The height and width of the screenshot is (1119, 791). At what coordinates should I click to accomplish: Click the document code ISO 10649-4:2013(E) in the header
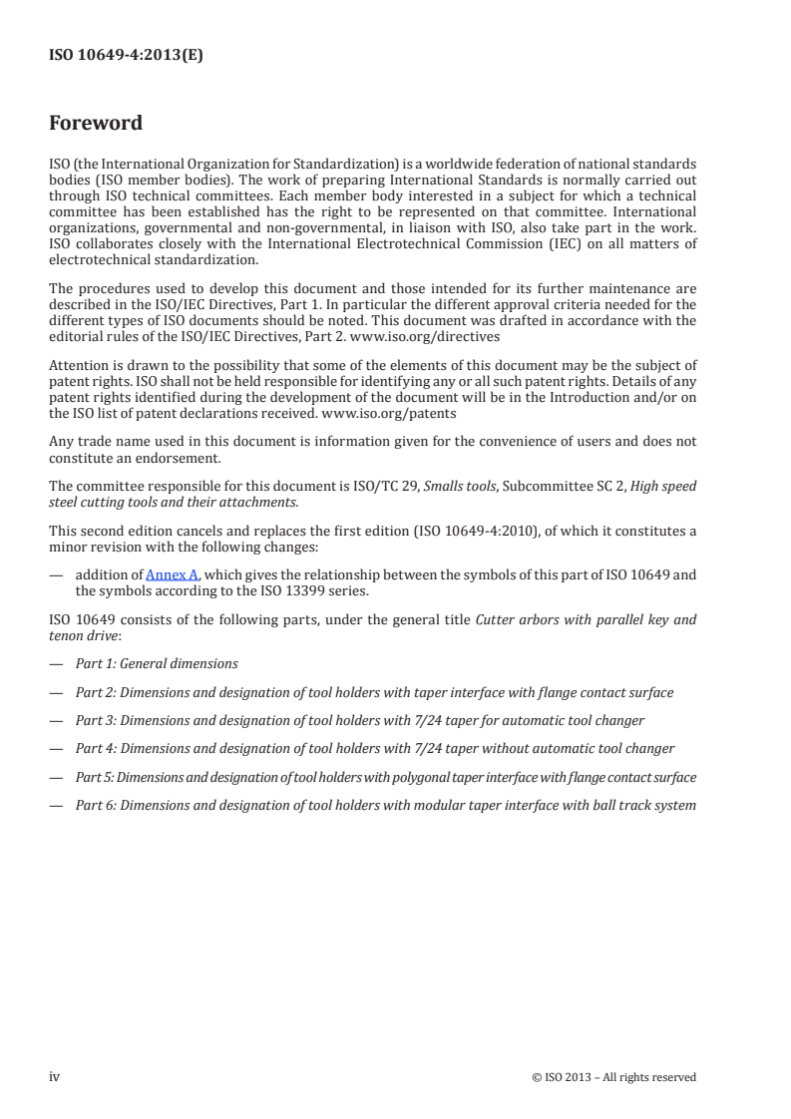[127, 57]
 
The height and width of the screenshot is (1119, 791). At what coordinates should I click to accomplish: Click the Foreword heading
[96, 124]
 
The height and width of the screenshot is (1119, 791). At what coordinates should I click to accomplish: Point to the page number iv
[55, 1076]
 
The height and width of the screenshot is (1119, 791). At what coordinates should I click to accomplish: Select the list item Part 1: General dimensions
[157, 663]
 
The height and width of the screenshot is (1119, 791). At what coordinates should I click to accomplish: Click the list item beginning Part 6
[386, 805]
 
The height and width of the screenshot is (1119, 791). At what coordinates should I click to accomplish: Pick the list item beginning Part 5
[386, 777]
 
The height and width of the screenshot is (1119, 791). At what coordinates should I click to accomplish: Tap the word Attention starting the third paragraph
[77, 365]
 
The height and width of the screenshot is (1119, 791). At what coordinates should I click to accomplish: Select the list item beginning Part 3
[360, 720]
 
